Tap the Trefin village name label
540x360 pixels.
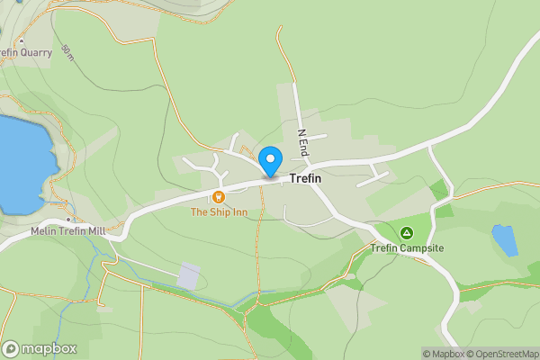305,179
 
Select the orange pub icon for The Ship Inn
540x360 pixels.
218,196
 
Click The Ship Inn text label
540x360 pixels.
218,212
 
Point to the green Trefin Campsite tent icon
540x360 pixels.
406,232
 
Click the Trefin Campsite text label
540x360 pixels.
408,248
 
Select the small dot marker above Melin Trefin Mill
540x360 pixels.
68,219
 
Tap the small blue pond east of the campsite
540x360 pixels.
504,240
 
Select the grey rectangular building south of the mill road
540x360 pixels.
190,275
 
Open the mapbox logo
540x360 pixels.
40,348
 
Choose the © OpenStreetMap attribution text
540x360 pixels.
505,354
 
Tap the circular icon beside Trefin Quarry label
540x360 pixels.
20,40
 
